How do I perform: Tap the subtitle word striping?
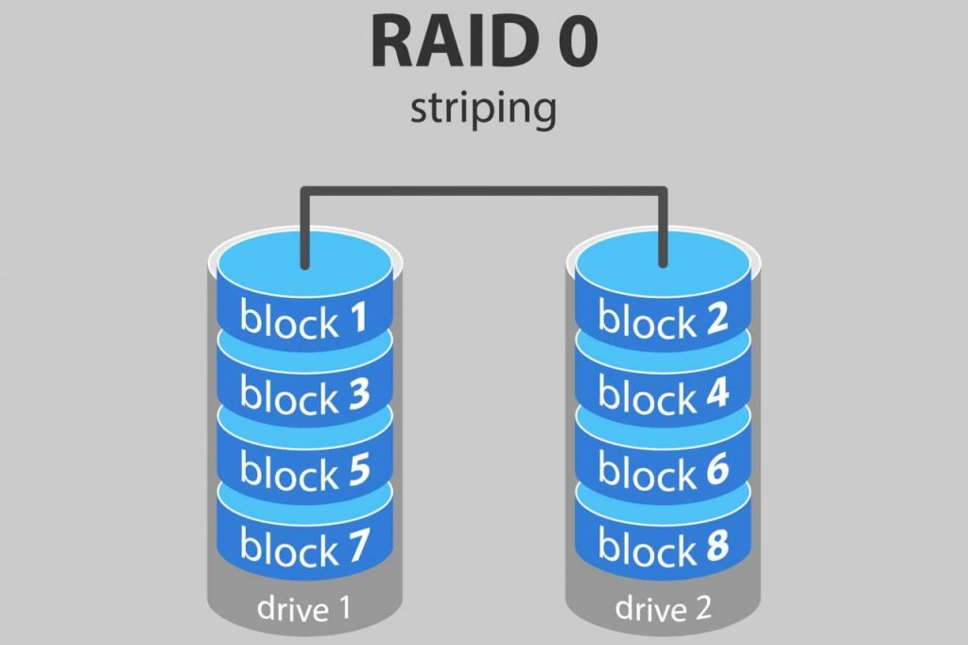[483, 109]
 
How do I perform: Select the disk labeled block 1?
[303, 320]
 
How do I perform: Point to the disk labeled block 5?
[303, 469]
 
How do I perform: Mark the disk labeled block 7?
[303, 545]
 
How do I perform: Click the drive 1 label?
[303, 610]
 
